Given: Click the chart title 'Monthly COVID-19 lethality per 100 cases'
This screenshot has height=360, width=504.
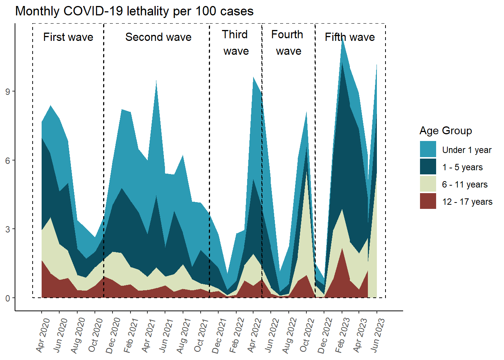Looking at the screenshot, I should point(134,11).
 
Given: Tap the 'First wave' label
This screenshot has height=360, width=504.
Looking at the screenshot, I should point(68,37).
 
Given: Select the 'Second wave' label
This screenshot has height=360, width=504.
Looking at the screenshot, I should point(158,37).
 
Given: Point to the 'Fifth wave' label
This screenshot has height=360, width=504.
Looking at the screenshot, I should point(349,37).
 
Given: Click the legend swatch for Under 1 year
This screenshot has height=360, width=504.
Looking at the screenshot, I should point(428,149).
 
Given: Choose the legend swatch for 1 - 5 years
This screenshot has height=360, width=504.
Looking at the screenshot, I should point(428,167).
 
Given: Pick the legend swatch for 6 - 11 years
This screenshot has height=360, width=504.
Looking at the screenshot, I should point(428,184).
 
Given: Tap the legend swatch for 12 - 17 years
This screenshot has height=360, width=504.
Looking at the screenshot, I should point(428,201).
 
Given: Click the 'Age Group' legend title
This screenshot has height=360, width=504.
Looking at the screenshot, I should point(445,130).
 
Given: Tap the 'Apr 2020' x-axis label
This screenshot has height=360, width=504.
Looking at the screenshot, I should point(43,335).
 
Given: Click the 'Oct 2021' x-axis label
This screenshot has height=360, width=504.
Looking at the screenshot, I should point(201,335).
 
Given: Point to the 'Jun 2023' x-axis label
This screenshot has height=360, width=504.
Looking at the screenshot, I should point(378,335).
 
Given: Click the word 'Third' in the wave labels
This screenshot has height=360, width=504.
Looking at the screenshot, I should point(235,34).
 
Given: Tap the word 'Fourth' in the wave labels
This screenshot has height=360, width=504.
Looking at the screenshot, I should point(287,34).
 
